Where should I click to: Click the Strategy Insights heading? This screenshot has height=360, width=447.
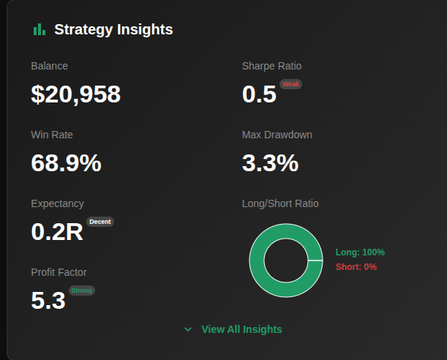(x=113, y=29)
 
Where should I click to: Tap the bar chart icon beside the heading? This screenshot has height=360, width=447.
(x=39, y=29)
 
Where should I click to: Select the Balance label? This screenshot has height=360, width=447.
(x=49, y=66)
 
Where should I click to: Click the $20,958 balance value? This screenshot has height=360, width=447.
(x=75, y=94)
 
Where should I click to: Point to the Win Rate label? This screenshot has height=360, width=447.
(x=52, y=135)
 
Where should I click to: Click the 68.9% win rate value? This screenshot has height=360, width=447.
(x=66, y=163)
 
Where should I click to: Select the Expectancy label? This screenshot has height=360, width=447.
(x=57, y=203)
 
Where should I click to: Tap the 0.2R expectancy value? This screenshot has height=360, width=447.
(x=57, y=232)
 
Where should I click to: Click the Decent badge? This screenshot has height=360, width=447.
(x=100, y=221)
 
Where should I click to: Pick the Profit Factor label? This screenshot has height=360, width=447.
(x=59, y=272)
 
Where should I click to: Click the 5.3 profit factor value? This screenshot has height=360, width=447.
(x=48, y=301)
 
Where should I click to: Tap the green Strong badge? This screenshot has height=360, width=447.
(x=82, y=290)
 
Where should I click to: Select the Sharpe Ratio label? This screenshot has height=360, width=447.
(x=271, y=66)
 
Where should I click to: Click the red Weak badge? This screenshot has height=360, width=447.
(x=290, y=84)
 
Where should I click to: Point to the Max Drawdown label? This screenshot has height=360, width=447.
(x=277, y=135)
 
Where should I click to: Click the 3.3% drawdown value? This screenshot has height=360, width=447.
(x=270, y=163)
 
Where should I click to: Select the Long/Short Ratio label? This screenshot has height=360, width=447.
(x=280, y=203)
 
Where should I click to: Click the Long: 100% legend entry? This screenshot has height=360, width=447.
(x=360, y=252)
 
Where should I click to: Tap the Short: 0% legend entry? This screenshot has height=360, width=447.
(x=356, y=267)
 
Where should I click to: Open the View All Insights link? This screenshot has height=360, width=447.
(x=241, y=329)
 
